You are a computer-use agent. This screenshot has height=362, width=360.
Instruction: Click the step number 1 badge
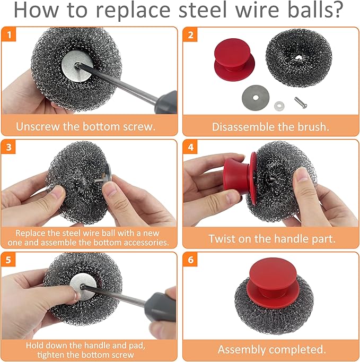pos(9,35)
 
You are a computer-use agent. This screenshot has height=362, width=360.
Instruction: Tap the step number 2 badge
pos(190,35)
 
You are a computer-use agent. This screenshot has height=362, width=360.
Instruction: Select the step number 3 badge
pos(9,147)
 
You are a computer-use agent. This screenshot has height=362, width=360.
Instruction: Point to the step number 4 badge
pos(190,147)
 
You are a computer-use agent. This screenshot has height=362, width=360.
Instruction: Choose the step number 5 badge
pos(8,260)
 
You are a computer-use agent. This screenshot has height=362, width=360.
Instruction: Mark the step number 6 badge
pos(190,260)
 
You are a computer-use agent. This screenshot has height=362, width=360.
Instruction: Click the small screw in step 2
pos(300,103)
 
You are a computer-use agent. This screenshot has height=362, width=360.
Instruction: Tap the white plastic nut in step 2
pos(279,106)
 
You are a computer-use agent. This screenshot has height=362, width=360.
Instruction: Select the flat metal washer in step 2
pos(256,98)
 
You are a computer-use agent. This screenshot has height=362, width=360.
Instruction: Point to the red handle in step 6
pos(273,282)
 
